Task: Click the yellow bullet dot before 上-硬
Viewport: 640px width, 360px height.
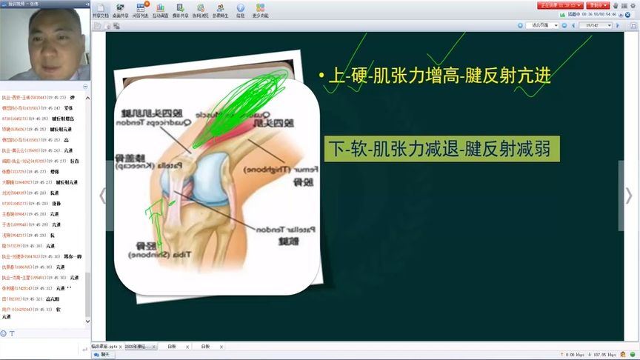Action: point(321,76)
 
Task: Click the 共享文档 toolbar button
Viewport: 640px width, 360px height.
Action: point(101,10)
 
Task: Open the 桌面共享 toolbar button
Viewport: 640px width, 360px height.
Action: point(121,10)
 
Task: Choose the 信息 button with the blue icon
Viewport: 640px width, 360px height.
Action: point(240,10)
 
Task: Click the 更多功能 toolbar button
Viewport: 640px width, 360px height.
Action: point(260,10)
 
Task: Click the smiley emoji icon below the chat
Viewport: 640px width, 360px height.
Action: point(4,333)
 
